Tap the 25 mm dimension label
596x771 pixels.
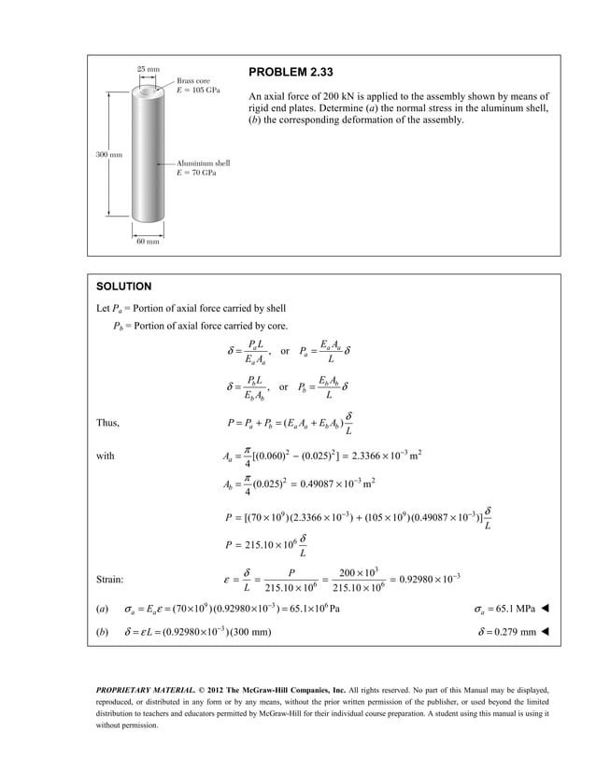pyautogui.click(x=148, y=69)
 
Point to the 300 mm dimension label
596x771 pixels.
pyautogui.click(x=109, y=153)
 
